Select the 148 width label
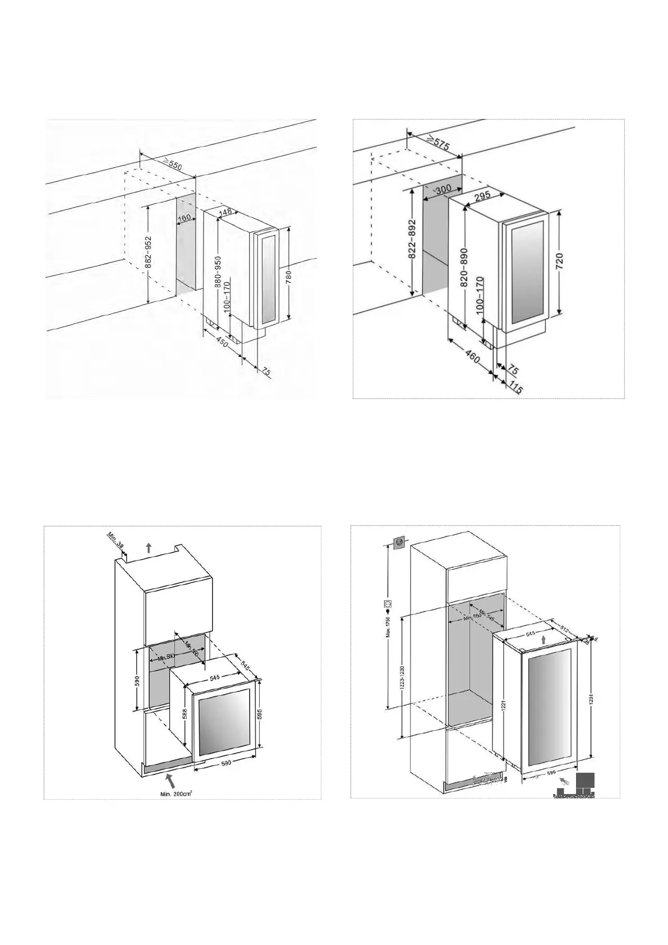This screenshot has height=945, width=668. [225, 212]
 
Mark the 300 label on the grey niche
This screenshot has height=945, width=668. [443, 190]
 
